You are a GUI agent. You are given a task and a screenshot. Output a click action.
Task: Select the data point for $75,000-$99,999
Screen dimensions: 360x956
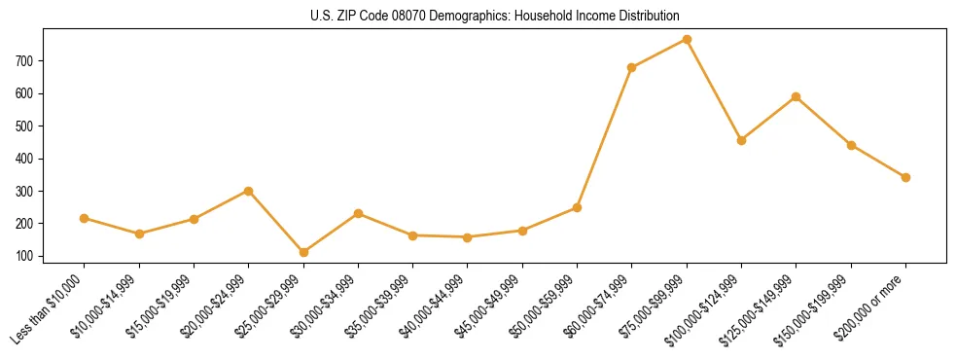click(687, 40)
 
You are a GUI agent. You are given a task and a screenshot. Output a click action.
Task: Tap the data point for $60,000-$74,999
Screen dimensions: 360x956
click(632, 67)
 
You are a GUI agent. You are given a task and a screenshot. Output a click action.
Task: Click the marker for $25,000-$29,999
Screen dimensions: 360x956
click(303, 252)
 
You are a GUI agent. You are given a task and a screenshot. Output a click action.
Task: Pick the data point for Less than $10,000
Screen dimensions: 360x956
click(85, 218)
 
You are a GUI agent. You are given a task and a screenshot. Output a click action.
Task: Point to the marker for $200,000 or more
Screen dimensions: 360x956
click(905, 177)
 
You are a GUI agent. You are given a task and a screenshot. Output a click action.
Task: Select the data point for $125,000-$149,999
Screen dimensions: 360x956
click(797, 96)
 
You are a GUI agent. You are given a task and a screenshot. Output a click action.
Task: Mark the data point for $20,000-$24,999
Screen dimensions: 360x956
click(249, 191)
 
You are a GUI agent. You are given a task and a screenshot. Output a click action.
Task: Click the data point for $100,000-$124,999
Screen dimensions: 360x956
click(741, 140)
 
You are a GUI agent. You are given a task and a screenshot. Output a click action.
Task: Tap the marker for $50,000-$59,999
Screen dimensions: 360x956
click(577, 207)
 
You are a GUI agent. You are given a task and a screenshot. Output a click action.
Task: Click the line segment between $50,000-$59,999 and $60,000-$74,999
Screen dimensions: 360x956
click(605, 137)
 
